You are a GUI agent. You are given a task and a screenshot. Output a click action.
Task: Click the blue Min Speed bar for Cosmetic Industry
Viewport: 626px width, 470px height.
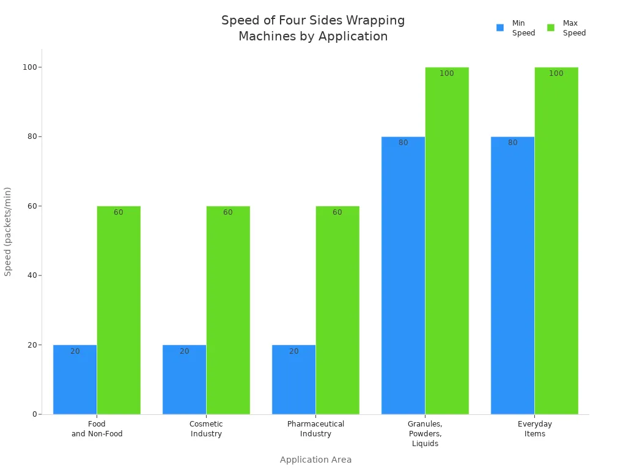pyautogui.click(x=184, y=379)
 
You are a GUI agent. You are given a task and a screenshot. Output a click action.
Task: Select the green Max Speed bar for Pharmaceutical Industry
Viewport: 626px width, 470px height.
pyautogui.click(x=337, y=310)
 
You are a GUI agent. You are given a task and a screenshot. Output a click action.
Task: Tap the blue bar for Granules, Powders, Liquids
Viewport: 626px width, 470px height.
pyautogui.click(x=403, y=275)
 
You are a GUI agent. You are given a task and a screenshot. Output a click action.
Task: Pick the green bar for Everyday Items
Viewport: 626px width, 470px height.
pyautogui.click(x=556, y=241)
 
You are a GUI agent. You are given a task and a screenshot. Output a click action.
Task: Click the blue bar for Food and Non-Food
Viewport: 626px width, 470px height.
pyautogui.click(x=75, y=379)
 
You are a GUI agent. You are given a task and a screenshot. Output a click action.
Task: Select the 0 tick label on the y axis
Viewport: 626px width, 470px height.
pyautogui.click(x=35, y=414)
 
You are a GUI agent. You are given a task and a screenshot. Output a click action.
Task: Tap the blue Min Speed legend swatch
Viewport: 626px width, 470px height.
pyautogui.click(x=500, y=28)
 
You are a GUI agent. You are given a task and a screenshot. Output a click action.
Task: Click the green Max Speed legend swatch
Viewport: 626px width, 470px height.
pyautogui.click(x=551, y=28)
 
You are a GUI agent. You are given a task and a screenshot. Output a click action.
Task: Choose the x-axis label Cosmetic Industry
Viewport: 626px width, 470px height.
pyautogui.click(x=206, y=429)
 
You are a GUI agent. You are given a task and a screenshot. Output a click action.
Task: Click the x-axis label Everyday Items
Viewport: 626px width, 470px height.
pyautogui.click(x=534, y=429)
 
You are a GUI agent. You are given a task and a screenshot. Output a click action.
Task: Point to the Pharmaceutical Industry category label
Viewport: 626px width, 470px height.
pyautogui.click(x=315, y=429)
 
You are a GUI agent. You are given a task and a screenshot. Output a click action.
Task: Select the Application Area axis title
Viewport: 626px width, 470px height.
pyautogui.click(x=315, y=460)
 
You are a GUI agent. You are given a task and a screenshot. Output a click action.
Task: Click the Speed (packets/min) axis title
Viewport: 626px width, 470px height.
pyautogui.click(x=8, y=231)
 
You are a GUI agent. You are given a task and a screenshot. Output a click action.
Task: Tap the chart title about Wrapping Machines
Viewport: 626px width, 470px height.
pyautogui.click(x=313, y=28)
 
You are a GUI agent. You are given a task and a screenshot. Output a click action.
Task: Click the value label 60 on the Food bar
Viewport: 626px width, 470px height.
pyautogui.click(x=118, y=212)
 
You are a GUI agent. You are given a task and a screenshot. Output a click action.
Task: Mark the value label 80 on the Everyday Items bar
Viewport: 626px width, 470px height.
pyautogui.click(x=512, y=143)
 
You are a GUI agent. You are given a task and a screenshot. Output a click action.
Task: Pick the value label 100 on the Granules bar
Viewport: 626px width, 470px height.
pyautogui.click(x=447, y=73)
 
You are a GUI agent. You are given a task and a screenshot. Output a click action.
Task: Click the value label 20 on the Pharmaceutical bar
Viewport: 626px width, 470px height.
pyautogui.click(x=293, y=351)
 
